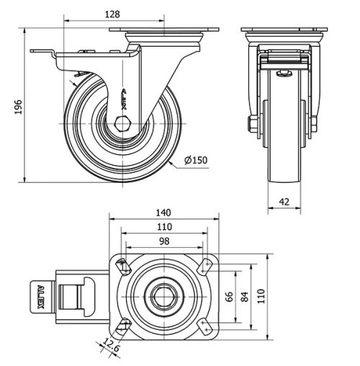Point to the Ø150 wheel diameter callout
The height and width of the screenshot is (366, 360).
point(195,161)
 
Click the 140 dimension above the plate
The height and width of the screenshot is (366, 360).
point(163,213)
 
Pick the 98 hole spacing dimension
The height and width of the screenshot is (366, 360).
point(163,241)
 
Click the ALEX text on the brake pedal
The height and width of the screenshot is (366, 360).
point(39,295)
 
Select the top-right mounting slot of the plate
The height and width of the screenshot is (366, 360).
point(206,266)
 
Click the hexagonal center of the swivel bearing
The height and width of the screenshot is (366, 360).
point(163,295)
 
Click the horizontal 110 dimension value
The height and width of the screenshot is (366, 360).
point(163,227)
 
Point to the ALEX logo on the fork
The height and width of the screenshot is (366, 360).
point(124,99)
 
